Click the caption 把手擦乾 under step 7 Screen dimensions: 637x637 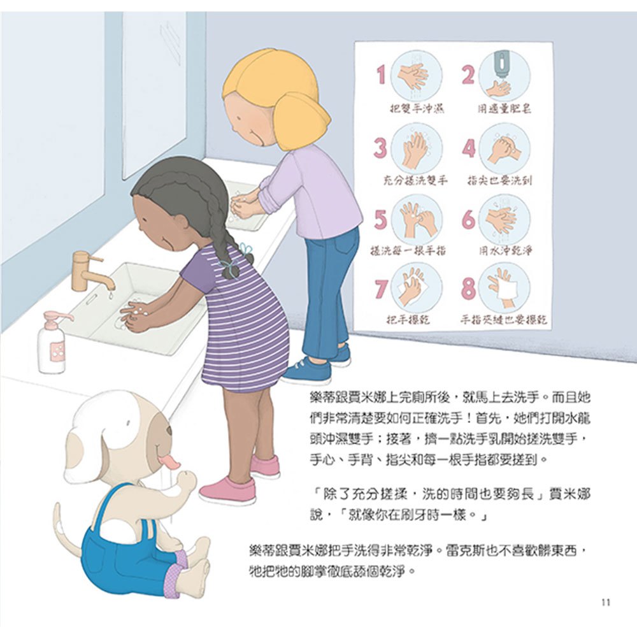coord(408,319)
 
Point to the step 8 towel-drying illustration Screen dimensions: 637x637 coord(505,287)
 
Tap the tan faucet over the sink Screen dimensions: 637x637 coord(89,271)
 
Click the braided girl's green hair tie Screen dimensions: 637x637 coord(244,248)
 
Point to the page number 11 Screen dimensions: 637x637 coord(605,603)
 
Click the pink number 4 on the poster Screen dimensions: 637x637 coord(469,148)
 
